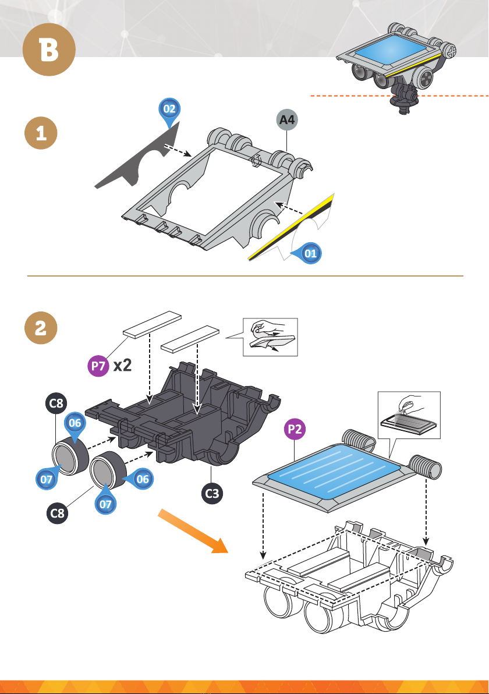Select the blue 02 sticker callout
pos(169,109)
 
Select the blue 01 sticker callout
pos(311,253)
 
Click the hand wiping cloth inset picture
pos(269,337)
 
